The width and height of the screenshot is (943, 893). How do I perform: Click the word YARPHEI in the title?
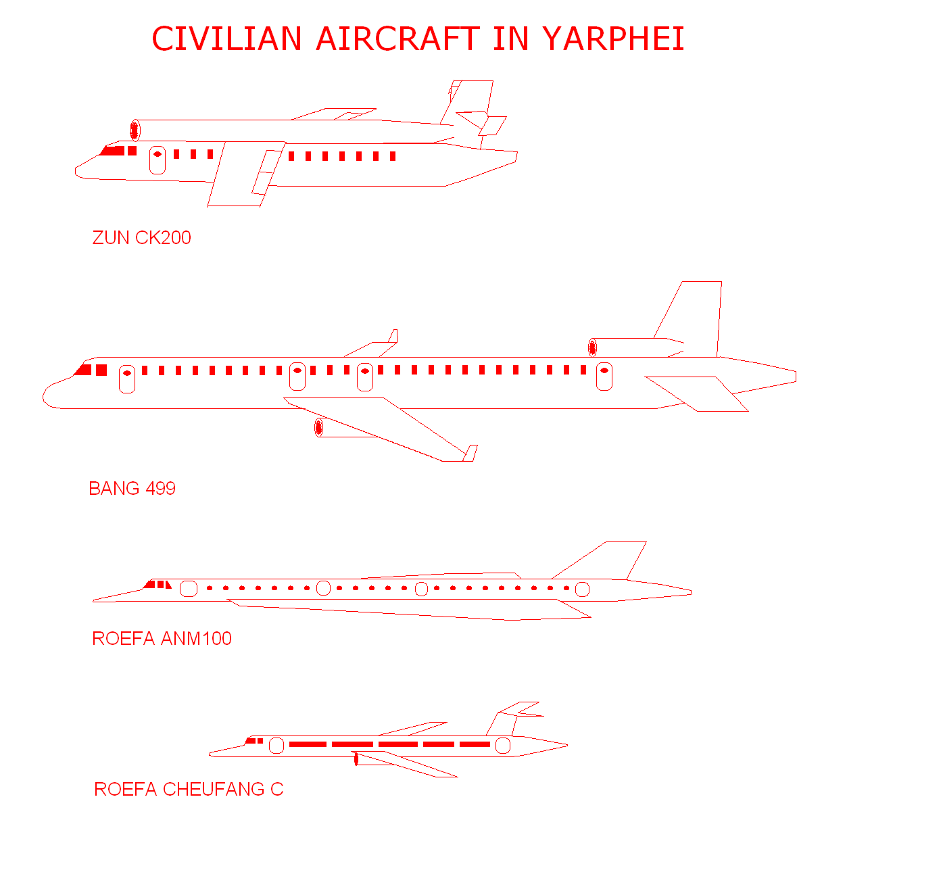point(613,39)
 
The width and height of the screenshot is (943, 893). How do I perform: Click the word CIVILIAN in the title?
point(226,39)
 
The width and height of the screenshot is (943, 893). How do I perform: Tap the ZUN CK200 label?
point(141,238)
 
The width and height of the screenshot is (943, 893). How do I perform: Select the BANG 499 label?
point(132,489)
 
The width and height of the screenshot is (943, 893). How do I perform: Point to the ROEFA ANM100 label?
point(162,639)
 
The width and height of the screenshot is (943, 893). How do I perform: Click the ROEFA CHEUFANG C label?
point(189,790)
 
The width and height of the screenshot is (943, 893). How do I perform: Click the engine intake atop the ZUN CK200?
point(135,130)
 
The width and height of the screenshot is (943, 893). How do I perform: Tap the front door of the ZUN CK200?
point(158,160)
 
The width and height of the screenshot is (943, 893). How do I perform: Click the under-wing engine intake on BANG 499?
point(319,427)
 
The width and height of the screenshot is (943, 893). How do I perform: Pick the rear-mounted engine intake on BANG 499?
point(592,347)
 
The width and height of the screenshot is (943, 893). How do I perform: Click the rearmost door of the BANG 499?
point(604,377)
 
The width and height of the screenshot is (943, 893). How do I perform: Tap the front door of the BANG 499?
point(127,379)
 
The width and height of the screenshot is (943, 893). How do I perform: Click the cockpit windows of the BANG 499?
point(91,370)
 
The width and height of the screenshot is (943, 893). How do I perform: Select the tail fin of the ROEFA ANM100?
point(608,560)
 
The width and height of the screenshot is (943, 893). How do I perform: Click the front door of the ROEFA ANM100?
point(189,589)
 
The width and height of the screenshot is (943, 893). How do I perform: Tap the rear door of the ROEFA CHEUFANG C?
point(503,746)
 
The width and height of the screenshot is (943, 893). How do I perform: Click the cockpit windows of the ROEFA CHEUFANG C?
point(255,741)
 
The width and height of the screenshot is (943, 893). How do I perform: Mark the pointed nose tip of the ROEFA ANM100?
point(95,600)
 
